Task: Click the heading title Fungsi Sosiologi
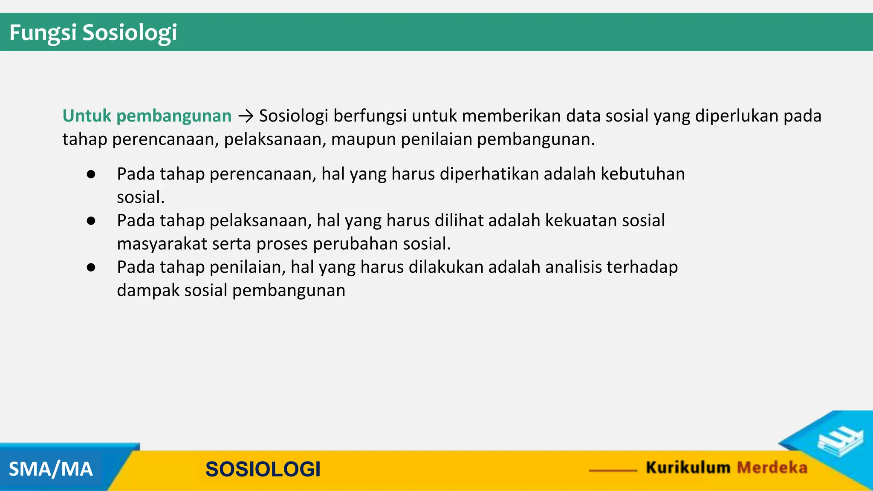pyautogui.click(x=93, y=32)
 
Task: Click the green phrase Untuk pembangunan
pyautogui.click(x=147, y=116)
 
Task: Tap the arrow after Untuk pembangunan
pyautogui.click(x=246, y=116)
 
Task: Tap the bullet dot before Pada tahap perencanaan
pyautogui.click(x=91, y=174)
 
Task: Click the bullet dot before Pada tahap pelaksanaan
pyautogui.click(x=91, y=221)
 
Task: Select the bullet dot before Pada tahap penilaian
pyautogui.click(x=91, y=267)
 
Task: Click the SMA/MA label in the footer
pyautogui.click(x=51, y=469)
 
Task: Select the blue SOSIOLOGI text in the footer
pyautogui.click(x=263, y=469)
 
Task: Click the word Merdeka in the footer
pyautogui.click(x=772, y=468)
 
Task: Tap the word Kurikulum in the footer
pyautogui.click(x=688, y=468)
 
